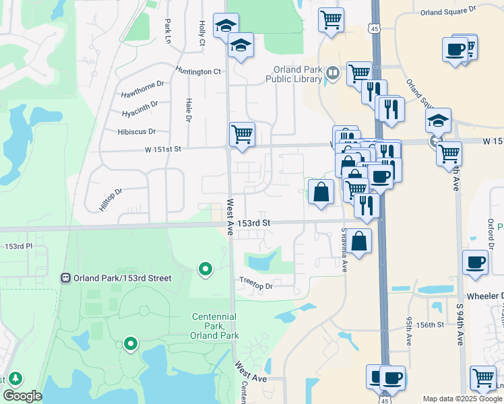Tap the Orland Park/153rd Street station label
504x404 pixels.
pos(123,278)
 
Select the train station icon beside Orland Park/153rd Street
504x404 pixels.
pos(66,277)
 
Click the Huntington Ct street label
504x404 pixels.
pos(198,71)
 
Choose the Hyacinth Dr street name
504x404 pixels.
pos(139,106)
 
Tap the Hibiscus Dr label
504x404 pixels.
pos(136,131)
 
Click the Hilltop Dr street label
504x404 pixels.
pos(111,200)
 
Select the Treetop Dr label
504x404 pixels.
pos(256,285)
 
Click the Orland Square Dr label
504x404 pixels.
pos(447,11)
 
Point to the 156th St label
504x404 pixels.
pos(431,324)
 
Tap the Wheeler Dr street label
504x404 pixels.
pos(484,296)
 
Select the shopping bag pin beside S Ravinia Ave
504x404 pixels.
pos(360,241)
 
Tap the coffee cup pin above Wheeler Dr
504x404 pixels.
pos(475,263)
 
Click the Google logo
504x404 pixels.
pos(23,396)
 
